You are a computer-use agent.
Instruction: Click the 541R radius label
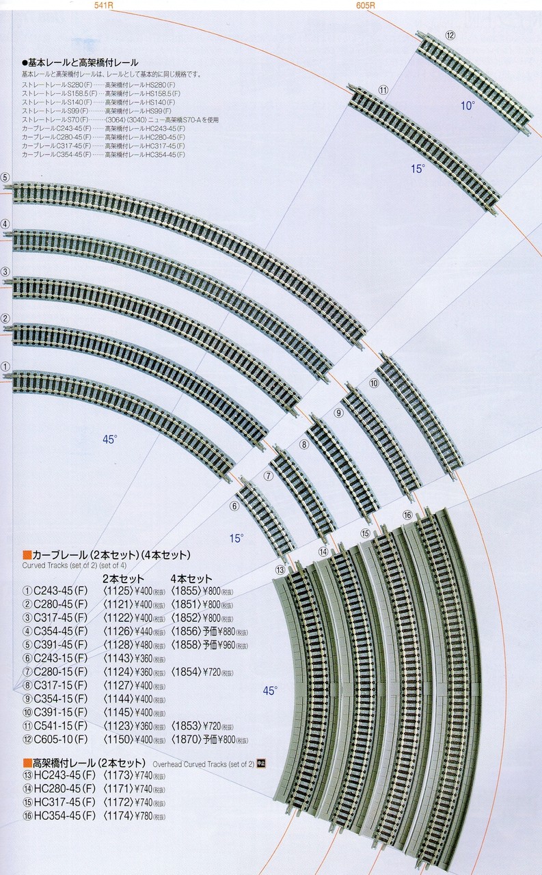pos(103,5)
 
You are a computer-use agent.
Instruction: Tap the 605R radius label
pos(365,5)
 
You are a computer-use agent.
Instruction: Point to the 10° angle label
pos(467,105)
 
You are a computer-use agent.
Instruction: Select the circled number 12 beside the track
pos(450,35)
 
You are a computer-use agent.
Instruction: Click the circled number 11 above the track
pos(383,90)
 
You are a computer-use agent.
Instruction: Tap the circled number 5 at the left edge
pos(5,178)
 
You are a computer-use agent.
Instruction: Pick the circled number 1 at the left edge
pos(5,366)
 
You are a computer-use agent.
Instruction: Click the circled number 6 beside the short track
pos(234,507)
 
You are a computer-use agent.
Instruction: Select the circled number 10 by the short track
pos(373,383)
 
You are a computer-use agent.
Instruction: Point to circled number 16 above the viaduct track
pos(407,515)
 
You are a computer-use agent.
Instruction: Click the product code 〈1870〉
pos(185,740)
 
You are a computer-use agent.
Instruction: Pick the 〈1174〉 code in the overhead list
pos(116,816)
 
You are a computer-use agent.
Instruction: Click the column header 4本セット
pos(191,578)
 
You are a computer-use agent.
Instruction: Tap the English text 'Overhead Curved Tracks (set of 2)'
pos(203,764)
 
